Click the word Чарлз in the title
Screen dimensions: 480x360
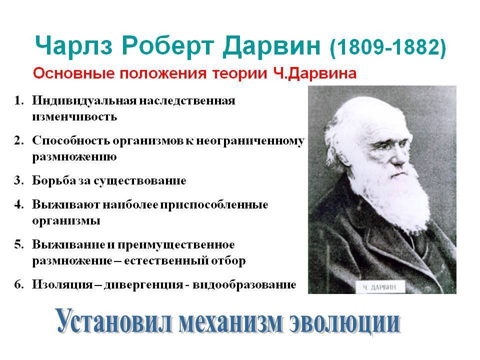coord(74,46)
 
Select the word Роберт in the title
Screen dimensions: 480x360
coord(167,46)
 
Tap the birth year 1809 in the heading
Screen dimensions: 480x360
coord(358,47)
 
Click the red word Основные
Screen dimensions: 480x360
coord(74,74)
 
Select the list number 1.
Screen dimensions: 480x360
coord(19,100)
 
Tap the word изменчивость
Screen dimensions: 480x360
coord(74,116)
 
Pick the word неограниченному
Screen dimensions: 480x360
coord(250,141)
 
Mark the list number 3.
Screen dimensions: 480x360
coord(18,180)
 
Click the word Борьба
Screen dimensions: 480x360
coord(54,180)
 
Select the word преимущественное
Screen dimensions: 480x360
coord(176,245)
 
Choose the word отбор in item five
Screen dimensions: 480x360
coord(228,260)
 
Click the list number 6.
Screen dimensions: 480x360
coord(18,284)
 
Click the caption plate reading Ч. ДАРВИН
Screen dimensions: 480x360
coord(379,287)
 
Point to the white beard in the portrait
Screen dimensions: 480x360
coord(395,199)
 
